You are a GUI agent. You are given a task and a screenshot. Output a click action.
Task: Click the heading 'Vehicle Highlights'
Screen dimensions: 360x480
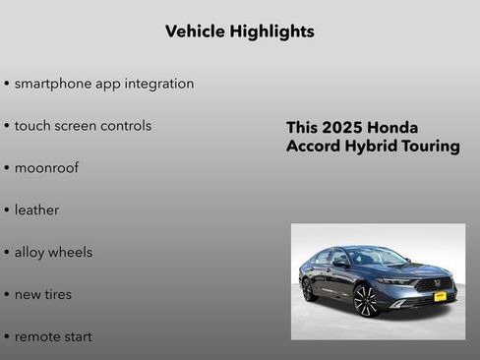tap(240, 31)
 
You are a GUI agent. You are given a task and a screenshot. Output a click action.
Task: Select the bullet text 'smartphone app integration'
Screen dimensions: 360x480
tap(103, 84)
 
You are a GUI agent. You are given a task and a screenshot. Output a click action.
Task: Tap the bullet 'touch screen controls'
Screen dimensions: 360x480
tap(83, 126)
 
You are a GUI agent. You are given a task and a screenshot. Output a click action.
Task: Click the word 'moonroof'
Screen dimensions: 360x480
tap(46, 168)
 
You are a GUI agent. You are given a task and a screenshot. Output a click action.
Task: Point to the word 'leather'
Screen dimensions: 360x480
tap(36, 210)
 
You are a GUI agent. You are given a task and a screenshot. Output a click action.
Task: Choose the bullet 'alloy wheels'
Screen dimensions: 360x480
tap(53, 253)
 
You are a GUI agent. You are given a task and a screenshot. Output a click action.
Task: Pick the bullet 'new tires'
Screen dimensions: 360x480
tap(42, 294)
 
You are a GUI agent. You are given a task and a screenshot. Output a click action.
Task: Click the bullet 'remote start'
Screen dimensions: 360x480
tap(53, 336)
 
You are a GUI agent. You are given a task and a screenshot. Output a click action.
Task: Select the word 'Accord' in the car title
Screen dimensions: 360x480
tap(313, 147)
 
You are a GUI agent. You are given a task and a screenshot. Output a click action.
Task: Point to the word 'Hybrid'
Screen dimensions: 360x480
tap(369, 147)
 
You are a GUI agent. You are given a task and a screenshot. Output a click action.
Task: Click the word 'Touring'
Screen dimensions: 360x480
tap(430, 147)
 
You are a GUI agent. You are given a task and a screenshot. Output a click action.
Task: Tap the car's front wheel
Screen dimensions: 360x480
tap(366, 300)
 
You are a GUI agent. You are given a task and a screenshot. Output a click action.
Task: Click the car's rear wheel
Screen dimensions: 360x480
tap(309, 290)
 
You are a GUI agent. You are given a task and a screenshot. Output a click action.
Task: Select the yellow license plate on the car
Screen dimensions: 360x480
tap(440, 295)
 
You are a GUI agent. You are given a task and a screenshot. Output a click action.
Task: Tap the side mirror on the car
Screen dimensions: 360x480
tap(340, 264)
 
